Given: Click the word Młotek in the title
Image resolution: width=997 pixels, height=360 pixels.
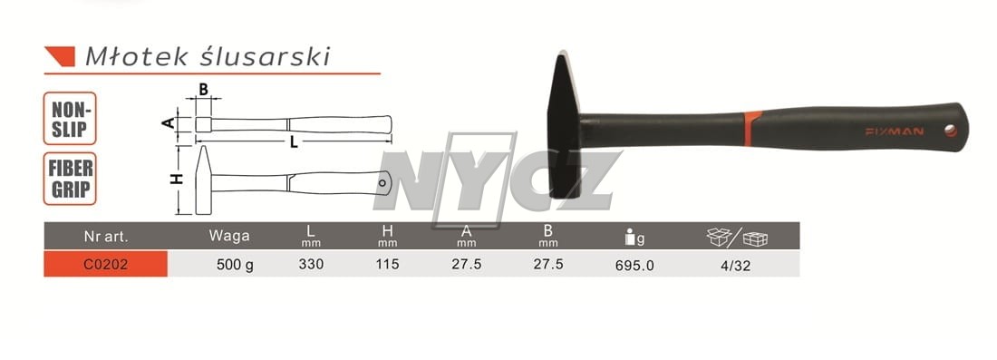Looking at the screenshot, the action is coord(137,56).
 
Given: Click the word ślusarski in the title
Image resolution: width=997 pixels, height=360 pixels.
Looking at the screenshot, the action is coord(265,56).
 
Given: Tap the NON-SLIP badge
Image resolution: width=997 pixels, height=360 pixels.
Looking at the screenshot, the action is coord(70,118).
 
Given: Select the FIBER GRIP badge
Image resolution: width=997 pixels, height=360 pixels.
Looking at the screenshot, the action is coord(70,178).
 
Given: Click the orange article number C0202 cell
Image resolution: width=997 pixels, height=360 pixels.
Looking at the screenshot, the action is coord(105,264).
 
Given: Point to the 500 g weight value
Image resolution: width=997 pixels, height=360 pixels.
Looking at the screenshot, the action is coord(236,265).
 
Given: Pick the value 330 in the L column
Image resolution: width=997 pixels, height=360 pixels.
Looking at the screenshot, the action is coord(311,264).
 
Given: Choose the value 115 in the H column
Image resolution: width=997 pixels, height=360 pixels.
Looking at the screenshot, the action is coord(387,264).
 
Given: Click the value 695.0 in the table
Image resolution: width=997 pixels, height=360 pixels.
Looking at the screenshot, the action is coord(634,265).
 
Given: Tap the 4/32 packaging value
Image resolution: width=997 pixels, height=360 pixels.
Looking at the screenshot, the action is coord(736,266).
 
